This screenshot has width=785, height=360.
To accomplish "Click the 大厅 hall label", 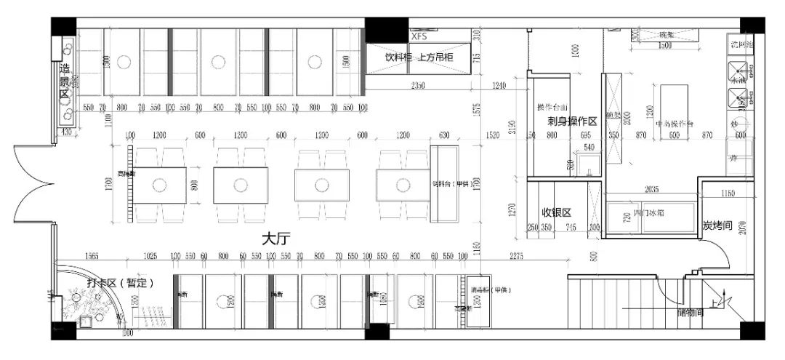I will (x=276, y=238).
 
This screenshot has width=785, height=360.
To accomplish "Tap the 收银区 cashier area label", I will (x=557, y=212).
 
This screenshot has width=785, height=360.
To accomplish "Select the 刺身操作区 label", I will (x=572, y=121).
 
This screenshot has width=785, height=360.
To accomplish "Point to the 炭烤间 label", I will (x=716, y=226).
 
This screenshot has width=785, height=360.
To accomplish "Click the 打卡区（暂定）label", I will (x=120, y=283).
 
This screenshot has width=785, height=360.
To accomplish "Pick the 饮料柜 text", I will (x=399, y=57).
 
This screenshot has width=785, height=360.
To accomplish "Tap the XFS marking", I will (x=419, y=35).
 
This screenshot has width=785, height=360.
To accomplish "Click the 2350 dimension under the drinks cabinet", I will (x=416, y=87).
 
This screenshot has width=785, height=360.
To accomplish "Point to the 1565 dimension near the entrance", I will (x=92, y=256).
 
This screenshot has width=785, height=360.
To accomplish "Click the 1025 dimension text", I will (x=150, y=256).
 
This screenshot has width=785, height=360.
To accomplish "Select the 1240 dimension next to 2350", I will (x=498, y=87).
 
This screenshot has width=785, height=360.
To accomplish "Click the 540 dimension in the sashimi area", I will (x=589, y=147).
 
